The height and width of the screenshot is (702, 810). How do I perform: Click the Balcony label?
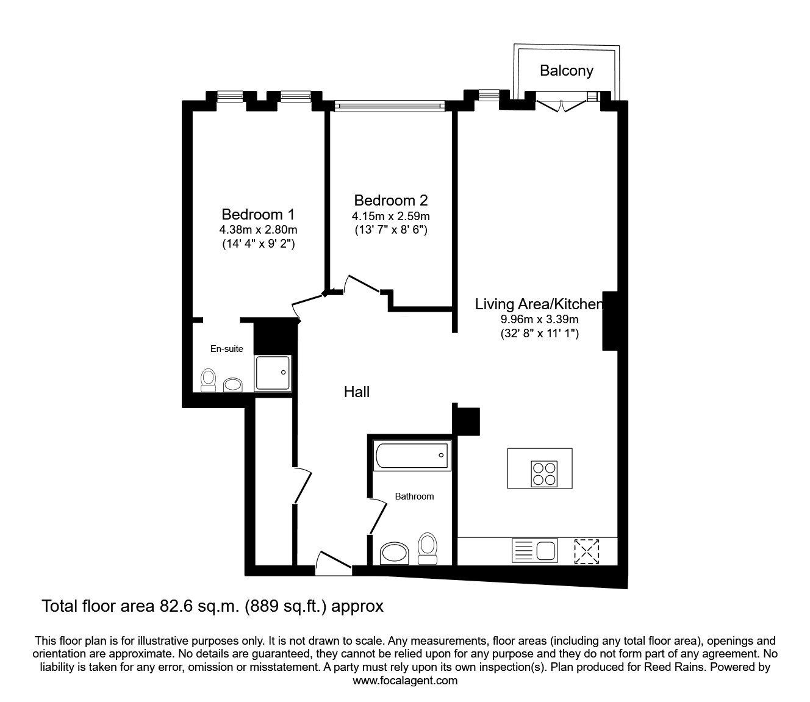pyautogui.click(x=566, y=71)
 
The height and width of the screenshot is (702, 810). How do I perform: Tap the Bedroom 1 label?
pyautogui.click(x=258, y=215)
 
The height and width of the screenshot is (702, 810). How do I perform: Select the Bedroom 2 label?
pyautogui.click(x=391, y=200)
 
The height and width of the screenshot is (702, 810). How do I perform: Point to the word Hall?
pyautogui.click(x=357, y=392)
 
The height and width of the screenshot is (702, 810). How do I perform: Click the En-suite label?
pyautogui.click(x=226, y=349)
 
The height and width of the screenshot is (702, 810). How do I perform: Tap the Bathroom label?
pyautogui.click(x=414, y=496)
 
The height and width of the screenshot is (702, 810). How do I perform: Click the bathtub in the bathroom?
pyautogui.click(x=412, y=455)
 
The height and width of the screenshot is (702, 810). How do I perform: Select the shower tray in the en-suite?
pyautogui.click(x=273, y=373)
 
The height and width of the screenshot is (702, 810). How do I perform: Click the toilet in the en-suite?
pyautogui.click(x=208, y=380)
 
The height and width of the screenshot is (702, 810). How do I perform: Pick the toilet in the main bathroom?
pyautogui.click(x=428, y=548)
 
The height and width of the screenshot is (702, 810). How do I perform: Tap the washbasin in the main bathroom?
pyautogui.click(x=394, y=553)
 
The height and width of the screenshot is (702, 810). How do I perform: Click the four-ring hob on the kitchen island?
pyautogui.click(x=544, y=474)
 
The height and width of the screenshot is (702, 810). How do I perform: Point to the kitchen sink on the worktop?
pyautogui.click(x=535, y=550)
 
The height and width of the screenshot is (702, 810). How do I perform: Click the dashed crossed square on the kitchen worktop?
pyautogui.click(x=587, y=551)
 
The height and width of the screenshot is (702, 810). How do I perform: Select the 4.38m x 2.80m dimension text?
pyautogui.click(x=258, y=229)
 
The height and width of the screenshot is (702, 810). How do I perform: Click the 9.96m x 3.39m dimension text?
pyautogui.click(x=540, y=319)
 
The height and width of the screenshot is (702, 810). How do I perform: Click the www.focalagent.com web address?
pyautogui.click(x=405, y=681)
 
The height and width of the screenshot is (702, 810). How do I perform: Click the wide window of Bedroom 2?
pyautogui.click(x=390, y=106)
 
